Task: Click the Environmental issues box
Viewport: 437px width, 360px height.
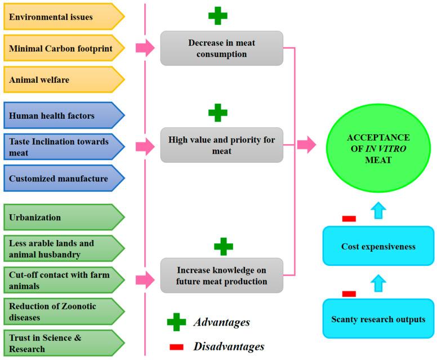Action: click(64, 17)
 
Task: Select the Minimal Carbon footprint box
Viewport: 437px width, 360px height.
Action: click(64, 48)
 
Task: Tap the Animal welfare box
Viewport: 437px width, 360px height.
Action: click(64, 79)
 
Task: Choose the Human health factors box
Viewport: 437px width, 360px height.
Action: click(64, 115)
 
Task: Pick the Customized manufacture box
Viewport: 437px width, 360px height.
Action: click(64, 178)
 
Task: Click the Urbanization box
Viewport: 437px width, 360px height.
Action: click(64, 217)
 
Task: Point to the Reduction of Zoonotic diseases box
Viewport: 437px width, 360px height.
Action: click(64, 312)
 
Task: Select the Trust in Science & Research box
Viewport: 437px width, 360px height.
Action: click(64, 343)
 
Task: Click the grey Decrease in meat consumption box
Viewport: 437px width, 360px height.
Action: click(221, 48)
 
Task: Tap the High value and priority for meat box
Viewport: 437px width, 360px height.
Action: click(221, 145)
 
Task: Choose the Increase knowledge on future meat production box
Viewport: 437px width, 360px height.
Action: click(221, 275)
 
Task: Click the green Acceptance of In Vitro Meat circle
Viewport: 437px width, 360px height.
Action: click(378, 148)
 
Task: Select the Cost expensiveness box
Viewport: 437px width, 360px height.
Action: click(378, 246)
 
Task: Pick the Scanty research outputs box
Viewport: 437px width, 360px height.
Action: click(378, 318)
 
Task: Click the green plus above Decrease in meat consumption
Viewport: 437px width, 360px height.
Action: click(218, 16)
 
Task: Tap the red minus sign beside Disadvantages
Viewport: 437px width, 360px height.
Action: click(176, 347)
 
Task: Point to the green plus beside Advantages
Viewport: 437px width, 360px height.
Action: click(176, 322)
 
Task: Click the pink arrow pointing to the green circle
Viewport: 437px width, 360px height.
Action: click(306, 145)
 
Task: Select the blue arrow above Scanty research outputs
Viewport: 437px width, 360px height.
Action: click(378, 283)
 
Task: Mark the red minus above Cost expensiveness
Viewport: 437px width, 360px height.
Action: click(349, 219)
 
